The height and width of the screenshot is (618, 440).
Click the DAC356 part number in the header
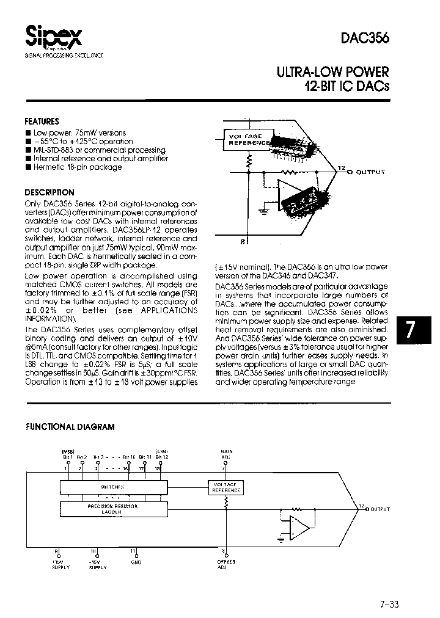367,37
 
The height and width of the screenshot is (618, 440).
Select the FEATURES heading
42,122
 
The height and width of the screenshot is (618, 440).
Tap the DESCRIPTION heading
50,192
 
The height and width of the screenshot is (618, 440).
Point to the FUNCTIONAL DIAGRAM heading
70,427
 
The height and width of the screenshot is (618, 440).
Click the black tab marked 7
411,330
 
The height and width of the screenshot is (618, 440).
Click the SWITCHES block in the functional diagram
112,487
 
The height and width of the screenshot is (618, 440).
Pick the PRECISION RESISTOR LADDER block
112,509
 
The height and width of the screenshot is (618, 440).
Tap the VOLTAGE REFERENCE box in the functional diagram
226,487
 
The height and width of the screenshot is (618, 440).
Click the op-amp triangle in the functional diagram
299,526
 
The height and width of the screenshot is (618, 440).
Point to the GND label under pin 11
136,562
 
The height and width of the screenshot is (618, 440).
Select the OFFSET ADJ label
226,564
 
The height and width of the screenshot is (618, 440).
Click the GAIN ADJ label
226,454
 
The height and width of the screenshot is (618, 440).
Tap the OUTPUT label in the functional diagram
380,509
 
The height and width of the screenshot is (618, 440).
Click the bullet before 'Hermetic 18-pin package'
28,167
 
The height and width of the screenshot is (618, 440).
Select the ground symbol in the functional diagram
280,539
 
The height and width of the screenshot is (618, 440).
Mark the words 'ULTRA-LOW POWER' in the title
333,72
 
